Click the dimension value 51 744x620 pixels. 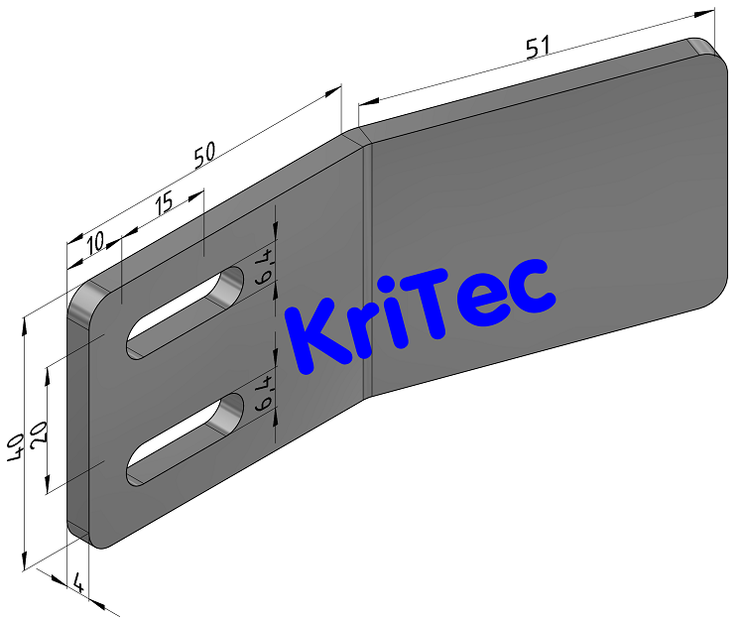coord(538,49)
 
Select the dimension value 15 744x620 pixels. coord(163,202)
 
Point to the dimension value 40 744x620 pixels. coord(14,448)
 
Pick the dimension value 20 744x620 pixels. coord(40,434)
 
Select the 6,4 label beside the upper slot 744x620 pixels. coord(264,268)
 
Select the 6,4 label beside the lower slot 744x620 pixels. coord(264,394)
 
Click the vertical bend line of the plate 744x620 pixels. coord(368,268)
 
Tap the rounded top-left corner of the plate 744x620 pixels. coord(83,294)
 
